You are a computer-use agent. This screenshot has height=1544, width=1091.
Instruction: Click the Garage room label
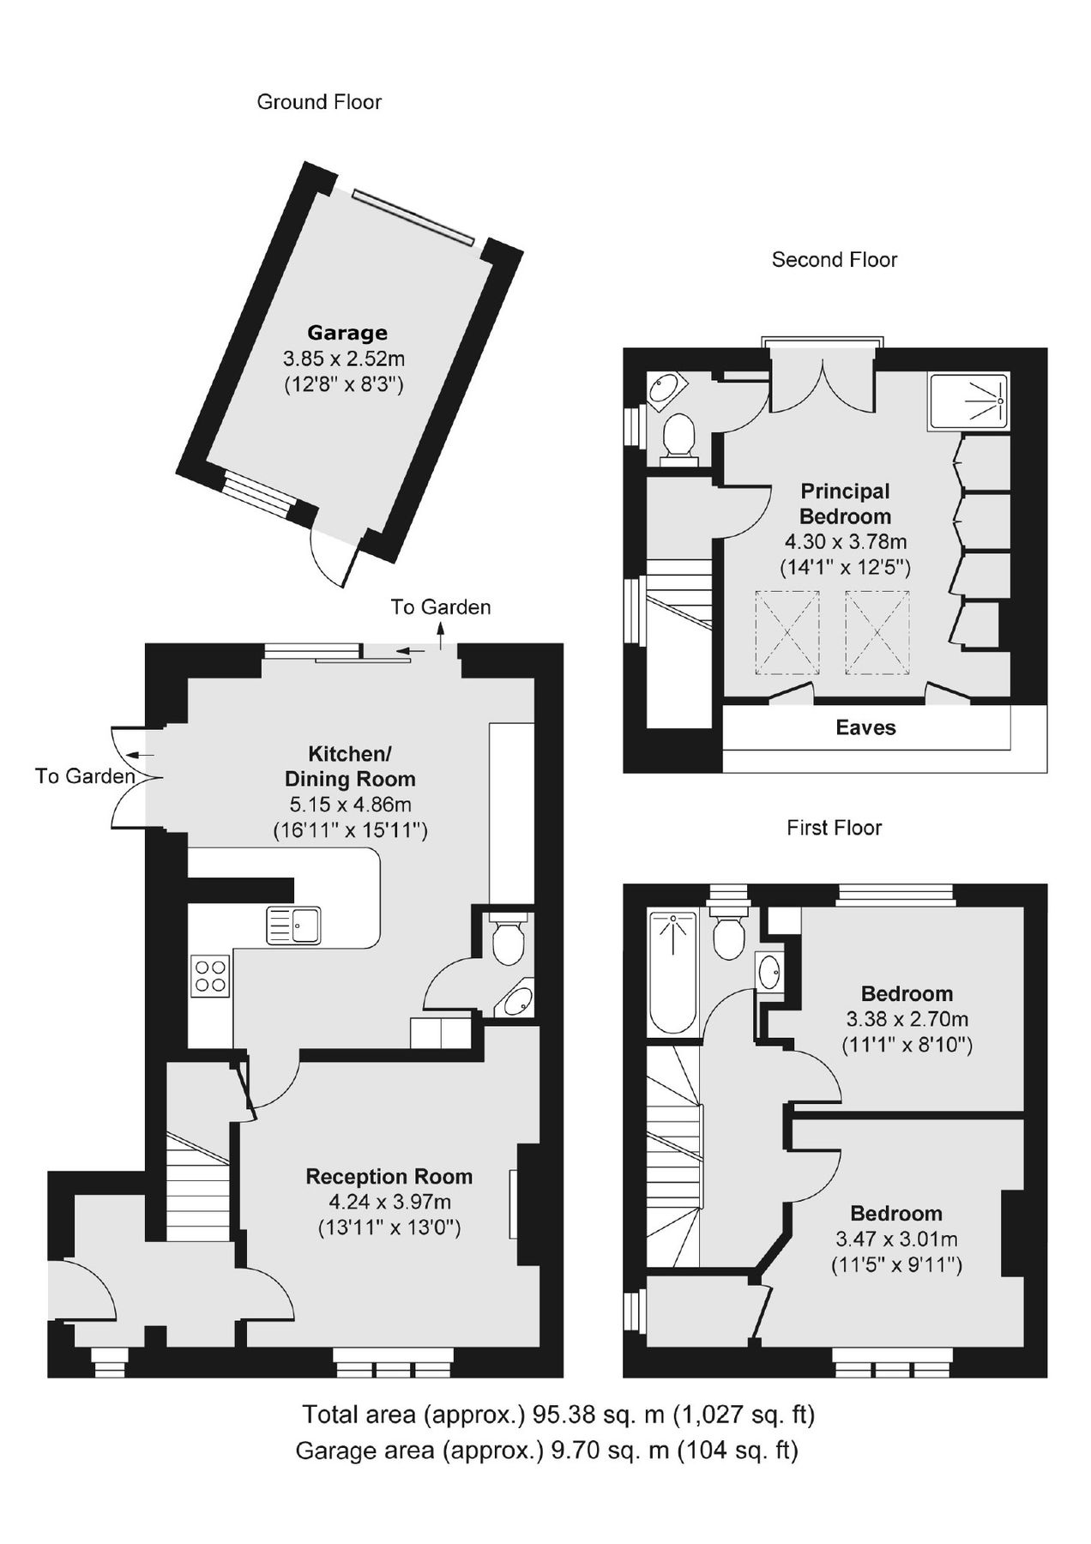pyautogui.click(x=347, y=333)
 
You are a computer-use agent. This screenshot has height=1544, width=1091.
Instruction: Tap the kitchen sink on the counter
pyautogui.click(x=293, y=925)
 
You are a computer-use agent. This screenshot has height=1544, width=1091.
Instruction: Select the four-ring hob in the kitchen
pyautogui.click(x=211, y=976)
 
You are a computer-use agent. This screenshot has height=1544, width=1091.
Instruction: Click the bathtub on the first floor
pyautogui.click(x=674, y=973)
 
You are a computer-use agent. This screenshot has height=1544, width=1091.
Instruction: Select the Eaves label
pyautogui.click(x=865, y=727)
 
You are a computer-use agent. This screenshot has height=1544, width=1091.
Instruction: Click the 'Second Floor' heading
pyautogui.click(x=834, y=260)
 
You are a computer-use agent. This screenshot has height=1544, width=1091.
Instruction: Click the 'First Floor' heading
pyautogui.click(x=834, y=828)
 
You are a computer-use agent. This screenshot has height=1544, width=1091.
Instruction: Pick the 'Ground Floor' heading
pyautogui.click(x=319, y=102)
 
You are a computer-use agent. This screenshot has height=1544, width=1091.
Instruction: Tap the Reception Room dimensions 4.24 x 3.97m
pyautogui.click(x=389, y=1203)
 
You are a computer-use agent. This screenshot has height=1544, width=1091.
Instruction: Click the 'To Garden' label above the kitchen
pyautogui.click(x=441, y=607)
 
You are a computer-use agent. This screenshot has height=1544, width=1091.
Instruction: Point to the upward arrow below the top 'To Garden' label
pyautogui.click(x=442, y=637)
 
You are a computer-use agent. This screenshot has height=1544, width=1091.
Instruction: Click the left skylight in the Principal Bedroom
pyautogui.click(x=787, y=632)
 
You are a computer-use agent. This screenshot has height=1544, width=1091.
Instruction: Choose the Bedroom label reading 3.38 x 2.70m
pyautogui.click(x=907, y=1019)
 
